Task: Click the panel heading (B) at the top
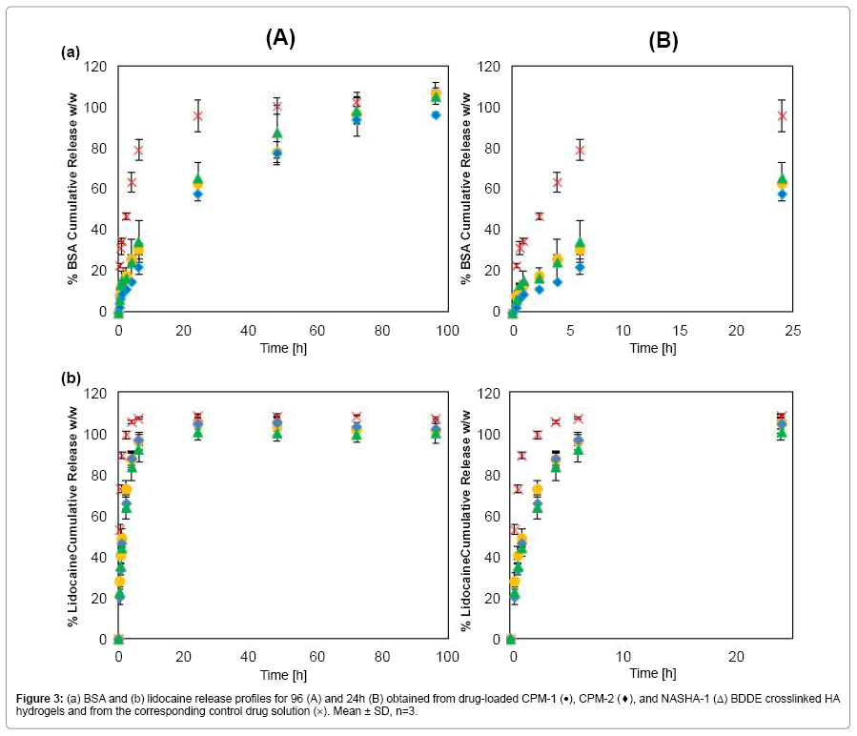point(665,40)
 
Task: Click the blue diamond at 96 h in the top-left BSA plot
point(436,114)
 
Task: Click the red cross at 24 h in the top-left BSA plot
point(197,116)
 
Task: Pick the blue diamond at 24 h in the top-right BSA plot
point(782,194)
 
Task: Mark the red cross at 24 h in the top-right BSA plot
point(782,116)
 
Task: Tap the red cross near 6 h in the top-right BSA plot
point(579,151)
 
